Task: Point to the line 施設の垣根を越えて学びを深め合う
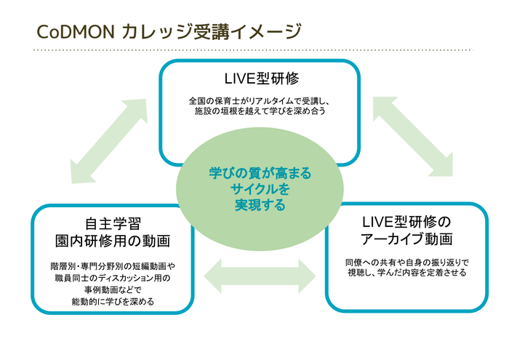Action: [261, 112]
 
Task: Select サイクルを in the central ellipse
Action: [260, 190]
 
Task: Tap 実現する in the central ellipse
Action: [260, 206]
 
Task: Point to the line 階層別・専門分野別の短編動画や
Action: [113, 266]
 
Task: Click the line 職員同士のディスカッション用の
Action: [113, 278]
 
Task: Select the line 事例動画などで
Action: [113, 289]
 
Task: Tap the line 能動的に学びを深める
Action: [113, 301]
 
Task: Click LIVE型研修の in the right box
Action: [406, 221]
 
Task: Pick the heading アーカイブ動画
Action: [406, 239]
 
